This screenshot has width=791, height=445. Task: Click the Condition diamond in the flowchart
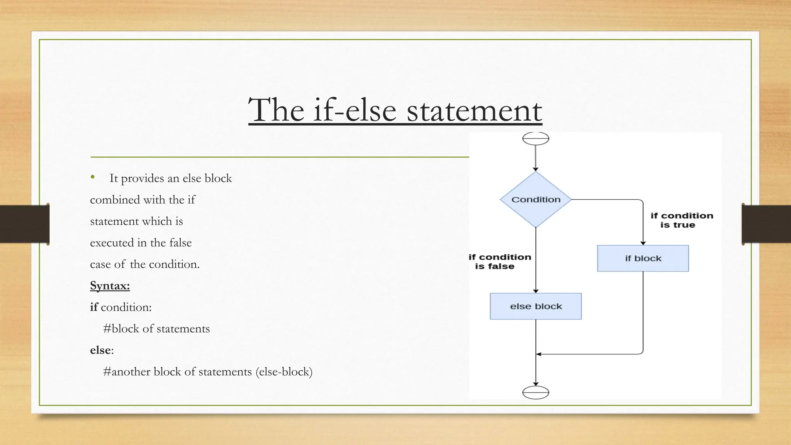tap(536, 199)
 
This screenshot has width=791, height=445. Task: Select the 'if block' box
tap(643, 258)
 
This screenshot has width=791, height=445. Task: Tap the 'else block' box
tap(536, 306)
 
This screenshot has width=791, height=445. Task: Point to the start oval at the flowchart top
tap(536, 138)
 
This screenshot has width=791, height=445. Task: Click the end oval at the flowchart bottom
tap(536, 392)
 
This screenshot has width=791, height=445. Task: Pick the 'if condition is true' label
tap(681, 220)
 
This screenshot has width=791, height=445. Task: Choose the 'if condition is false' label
tap(499, 262)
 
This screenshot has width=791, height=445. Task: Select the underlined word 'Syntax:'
tap(110, 286)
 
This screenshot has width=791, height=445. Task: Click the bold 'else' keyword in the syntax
tap(100, 350)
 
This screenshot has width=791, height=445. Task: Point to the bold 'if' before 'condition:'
tap(94, 307)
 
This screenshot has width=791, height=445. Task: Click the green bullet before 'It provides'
tap(93, 177)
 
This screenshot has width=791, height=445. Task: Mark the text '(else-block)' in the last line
tap(284, 372)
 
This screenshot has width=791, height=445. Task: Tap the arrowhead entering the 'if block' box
tap(643, 243)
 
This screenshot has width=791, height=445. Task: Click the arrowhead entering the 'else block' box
tap(536, 291)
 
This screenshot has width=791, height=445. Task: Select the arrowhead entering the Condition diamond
tap(536, 169)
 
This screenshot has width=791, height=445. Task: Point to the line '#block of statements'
tap(156, 329)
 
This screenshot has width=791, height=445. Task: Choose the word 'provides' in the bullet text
tap(143, 178)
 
